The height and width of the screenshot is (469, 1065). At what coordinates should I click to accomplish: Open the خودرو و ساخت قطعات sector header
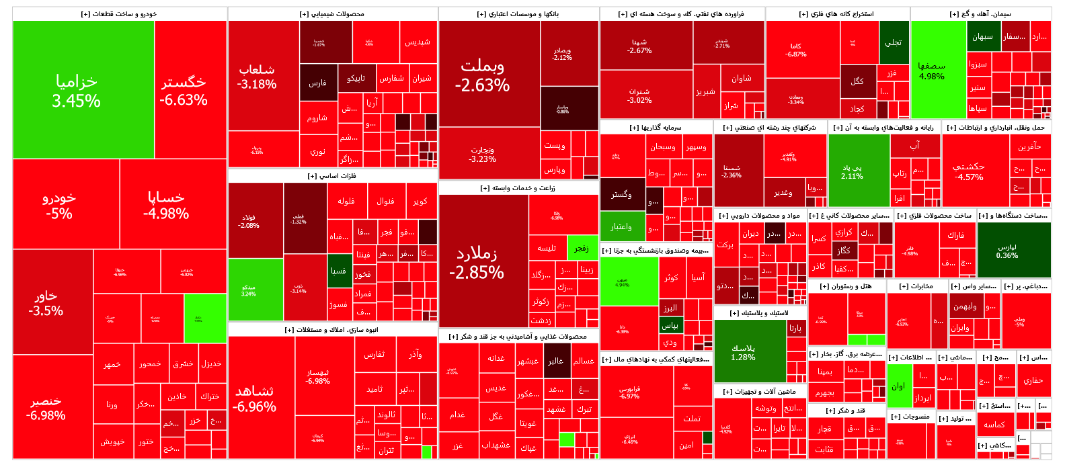point(119,13)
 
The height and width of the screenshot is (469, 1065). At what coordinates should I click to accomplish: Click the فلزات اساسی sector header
point(332,176)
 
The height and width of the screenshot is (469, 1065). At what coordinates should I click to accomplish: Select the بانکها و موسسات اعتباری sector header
point(518,13)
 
